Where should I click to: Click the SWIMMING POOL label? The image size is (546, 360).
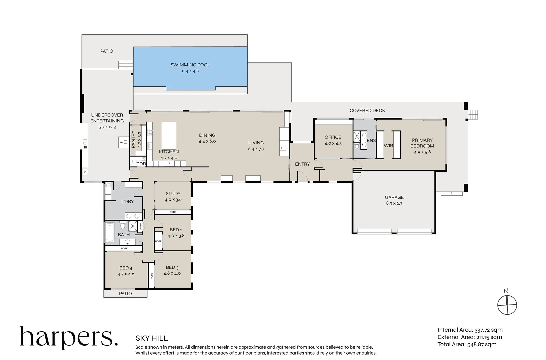190,65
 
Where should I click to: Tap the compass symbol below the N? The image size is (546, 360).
507,305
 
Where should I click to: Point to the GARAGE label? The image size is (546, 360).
394,197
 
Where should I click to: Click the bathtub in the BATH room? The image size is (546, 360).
110,233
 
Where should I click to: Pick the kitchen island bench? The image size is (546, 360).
169,136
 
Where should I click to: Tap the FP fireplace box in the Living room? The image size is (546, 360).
283,148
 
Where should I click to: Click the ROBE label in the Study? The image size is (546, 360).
173,212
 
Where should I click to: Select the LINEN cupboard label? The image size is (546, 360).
140,227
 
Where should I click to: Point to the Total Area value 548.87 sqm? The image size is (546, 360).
482,344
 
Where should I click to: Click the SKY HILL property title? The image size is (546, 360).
152,338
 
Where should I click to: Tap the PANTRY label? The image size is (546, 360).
133,139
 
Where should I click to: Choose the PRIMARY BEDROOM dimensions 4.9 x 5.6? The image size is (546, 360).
422,152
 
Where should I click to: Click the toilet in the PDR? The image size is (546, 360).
134,162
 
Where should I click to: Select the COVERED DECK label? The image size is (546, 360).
367,110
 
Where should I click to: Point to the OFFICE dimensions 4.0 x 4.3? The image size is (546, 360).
333,143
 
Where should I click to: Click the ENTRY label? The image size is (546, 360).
302,164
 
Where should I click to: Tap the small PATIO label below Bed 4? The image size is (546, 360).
125,293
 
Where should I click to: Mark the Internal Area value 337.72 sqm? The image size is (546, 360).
488,330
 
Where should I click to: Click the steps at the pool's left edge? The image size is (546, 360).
126,65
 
